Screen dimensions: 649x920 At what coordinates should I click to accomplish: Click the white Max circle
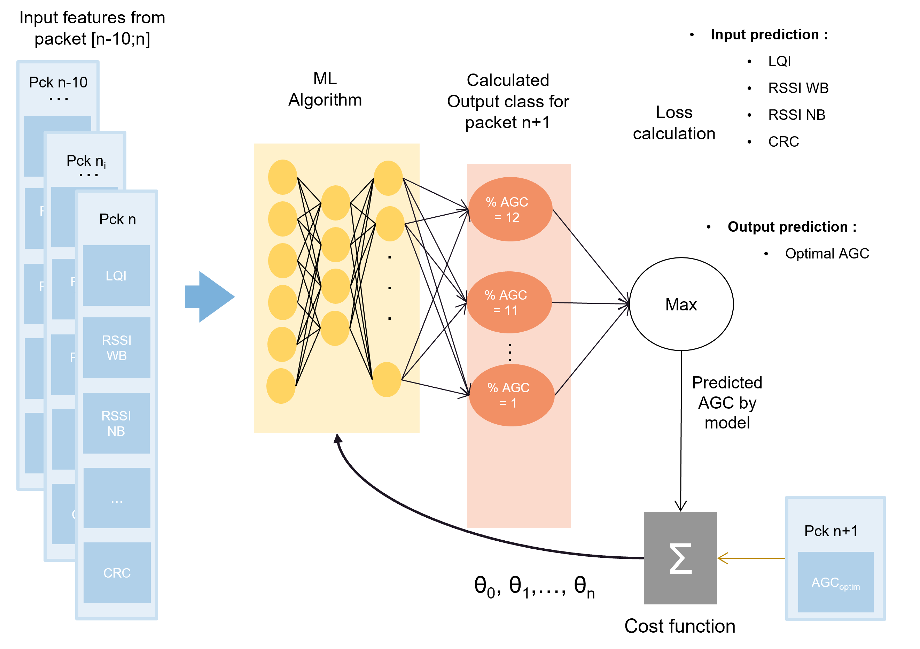(x=681, y=304)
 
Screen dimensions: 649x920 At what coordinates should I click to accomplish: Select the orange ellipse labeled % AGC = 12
(x=510, y=209)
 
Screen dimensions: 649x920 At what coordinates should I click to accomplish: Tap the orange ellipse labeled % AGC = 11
(x=509, y=302)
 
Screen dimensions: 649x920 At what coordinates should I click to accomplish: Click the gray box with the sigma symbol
(x=680, y=558)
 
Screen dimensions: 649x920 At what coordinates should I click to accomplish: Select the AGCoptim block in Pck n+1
(x=835, y=582)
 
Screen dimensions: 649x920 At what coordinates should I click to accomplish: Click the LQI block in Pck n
(x=116, y=276)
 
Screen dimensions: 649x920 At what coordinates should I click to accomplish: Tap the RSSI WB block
(x=117, y=348)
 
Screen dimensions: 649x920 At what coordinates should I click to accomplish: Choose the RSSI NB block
(x=116, y=423)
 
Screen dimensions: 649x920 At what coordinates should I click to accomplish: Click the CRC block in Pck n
(x=117, y=572)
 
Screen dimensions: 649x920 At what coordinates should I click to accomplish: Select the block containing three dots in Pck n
(x=117, y=498)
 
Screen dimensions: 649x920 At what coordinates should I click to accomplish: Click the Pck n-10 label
(x=58, y=82)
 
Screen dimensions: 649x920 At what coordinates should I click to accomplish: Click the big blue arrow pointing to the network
(x=210, y=297)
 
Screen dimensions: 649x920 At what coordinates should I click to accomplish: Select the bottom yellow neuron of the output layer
(x=387, y=379)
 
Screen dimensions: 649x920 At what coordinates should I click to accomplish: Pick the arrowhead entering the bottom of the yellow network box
(x=338, y=439)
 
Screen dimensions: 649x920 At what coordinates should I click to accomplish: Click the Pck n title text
(x=117, y=219)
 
